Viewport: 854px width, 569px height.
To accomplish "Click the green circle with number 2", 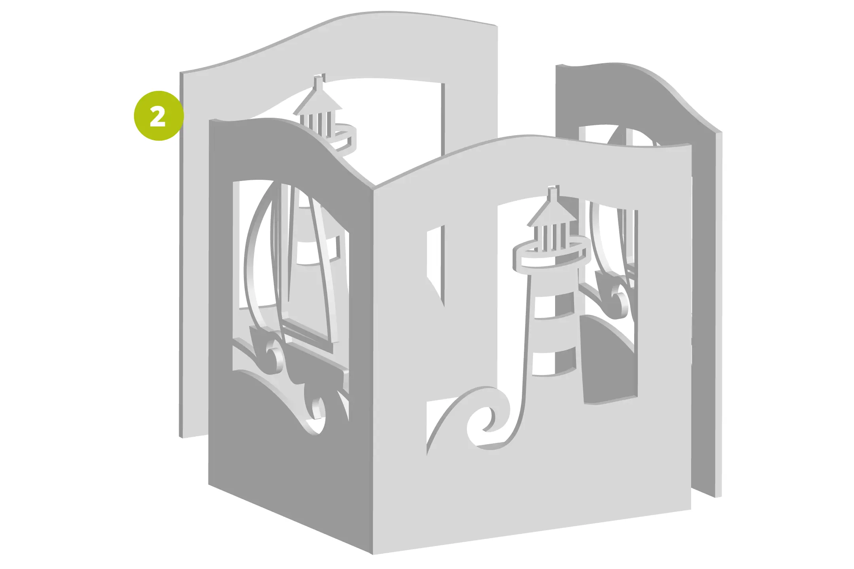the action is pyautogui.click(x=159, y=116).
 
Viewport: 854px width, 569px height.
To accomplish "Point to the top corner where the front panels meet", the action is pyautogui.click(x=373, y=187).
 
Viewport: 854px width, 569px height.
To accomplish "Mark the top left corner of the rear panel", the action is pyautogui.click(x=181, y=73).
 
